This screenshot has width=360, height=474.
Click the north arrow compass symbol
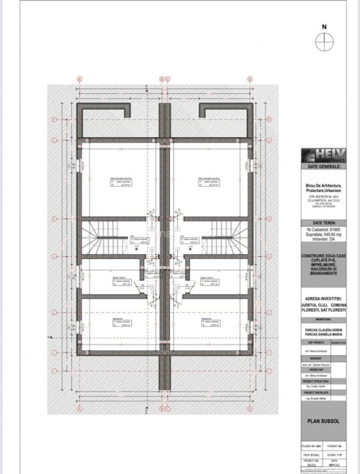[324, 41]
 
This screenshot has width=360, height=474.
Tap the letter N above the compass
[324, 26]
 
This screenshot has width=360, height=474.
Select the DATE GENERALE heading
[323, 166]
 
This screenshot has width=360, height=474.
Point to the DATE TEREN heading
[323, 223]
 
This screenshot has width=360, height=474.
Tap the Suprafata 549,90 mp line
[323, 235]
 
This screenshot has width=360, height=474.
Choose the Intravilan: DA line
[323, 240]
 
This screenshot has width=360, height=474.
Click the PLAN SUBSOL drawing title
[323, 421]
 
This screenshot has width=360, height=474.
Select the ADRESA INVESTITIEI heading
[323, 298]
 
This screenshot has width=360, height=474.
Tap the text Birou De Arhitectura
[323, 186]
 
